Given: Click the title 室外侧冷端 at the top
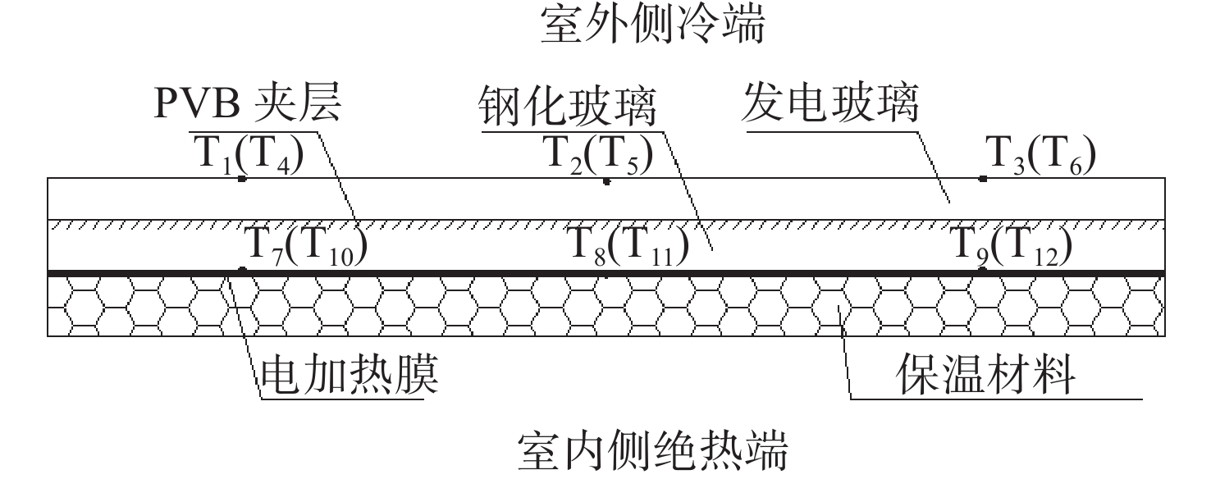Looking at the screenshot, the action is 652,25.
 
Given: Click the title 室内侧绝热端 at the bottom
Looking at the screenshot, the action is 652,450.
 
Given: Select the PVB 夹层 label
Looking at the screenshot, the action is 248,102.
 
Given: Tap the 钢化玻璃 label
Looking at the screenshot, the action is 567,106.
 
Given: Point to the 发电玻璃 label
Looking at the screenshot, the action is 830,103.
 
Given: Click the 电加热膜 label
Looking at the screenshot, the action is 350,375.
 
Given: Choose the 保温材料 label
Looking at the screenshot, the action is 985,375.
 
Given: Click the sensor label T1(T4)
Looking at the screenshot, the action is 249,155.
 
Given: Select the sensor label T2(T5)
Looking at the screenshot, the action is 598,155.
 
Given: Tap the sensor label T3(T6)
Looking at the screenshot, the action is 1040,155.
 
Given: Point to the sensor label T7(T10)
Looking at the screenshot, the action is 306,246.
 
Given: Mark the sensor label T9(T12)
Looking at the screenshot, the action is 1011,246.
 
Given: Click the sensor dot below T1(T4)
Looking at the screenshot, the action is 242,179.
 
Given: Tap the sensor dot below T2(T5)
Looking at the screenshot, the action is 606,181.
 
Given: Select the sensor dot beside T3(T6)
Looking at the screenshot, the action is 983,179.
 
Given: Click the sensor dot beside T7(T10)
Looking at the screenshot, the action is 243,269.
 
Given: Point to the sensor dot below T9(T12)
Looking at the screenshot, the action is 983,269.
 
